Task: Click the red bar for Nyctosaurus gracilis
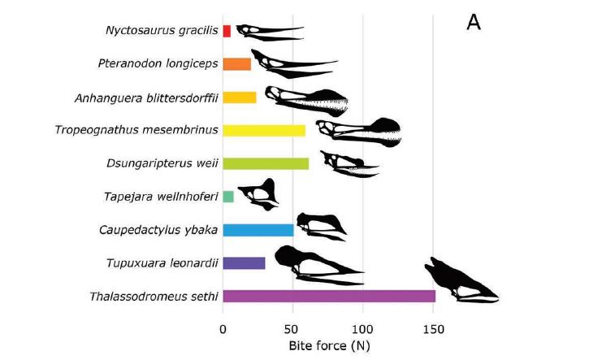click(x=227, y=31)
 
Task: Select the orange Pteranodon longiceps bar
click(x=236, y=64)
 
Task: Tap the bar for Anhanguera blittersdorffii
click(x=239, y=98)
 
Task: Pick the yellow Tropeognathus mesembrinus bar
click(x=263, y=130)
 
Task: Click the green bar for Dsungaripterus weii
click(x=265, y=163)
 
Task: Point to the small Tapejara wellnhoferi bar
click(x=227, y=197)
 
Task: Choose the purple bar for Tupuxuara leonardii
click(x=244, y=263)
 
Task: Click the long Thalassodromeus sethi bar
click(x=328, y=296)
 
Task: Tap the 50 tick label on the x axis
click(x=292, y=329)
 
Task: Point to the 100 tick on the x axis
click(x=362, y=329)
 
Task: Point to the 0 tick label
click(x=223, y=329)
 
